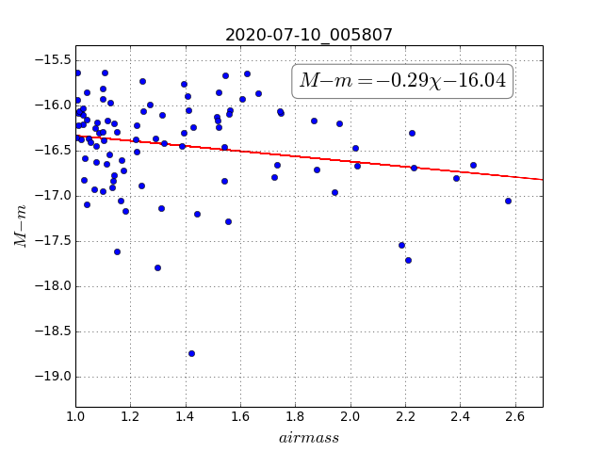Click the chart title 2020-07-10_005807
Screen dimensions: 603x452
[308, 35]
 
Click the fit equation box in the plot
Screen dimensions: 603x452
[402, 81]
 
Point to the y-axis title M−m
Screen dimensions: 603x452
[20, 226]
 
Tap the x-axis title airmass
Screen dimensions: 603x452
[309, 438]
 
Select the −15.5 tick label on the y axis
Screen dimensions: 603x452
[53, 60]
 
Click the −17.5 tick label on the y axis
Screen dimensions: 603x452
[53, 241]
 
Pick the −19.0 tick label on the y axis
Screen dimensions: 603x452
[53, 377]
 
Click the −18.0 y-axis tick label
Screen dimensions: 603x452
[53, 286]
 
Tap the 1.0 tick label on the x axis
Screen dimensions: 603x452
[75, 416]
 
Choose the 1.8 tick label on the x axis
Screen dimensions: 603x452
[295, 416]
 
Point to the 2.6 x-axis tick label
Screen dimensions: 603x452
[515, 416]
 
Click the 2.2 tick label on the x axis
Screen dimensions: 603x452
[405, 416]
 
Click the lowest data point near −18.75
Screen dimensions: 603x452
[191, 354]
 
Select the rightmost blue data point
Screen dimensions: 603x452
[508, 201]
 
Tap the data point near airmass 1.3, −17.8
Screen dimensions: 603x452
[157, 267]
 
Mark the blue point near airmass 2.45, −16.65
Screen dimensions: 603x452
[473, 166]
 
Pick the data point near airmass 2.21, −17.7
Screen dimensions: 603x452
[408, 261]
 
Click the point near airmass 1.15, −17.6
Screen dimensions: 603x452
[117, 251]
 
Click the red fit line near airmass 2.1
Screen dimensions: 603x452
[378, 163]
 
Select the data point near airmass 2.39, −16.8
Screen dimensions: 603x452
[456, 178]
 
